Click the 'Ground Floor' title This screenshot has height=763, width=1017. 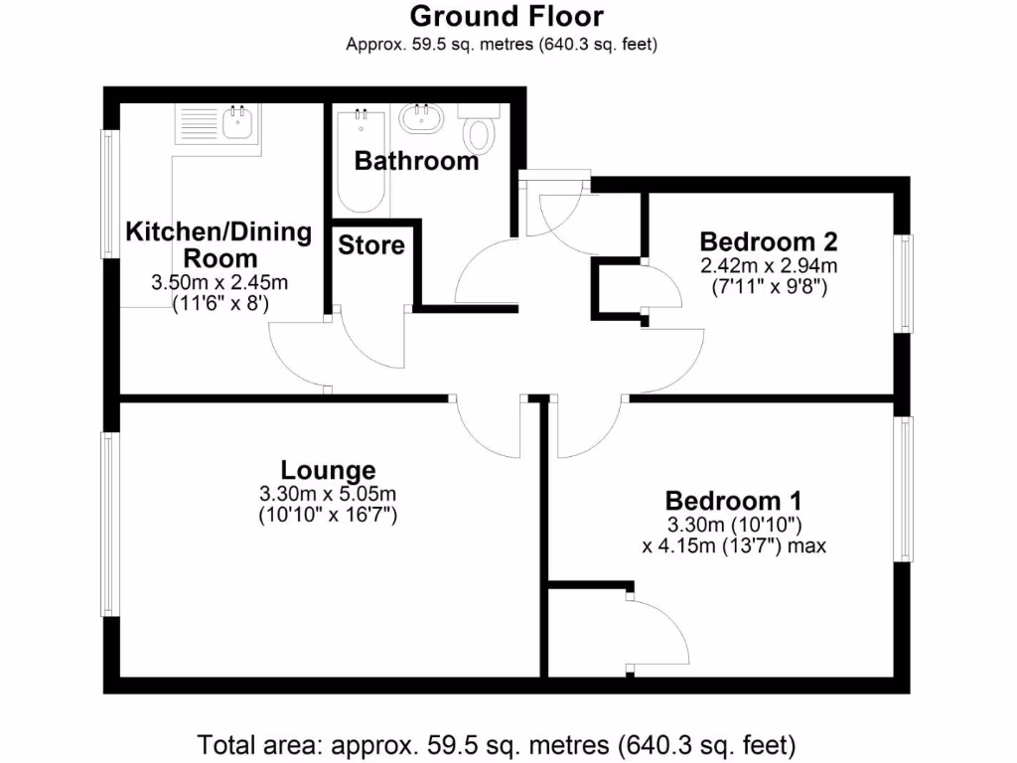point(506,17)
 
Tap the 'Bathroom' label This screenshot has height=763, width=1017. point(416,160)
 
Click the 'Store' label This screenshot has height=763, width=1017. point(371,244)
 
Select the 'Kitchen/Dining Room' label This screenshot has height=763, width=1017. point(218,245)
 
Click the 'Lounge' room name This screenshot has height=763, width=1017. point(328,470)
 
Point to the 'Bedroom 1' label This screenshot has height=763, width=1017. point(734,501)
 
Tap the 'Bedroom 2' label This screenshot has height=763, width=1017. point(769,241)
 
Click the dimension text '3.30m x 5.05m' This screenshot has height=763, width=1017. point(328,494)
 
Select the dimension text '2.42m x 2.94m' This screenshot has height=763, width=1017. point(769,265)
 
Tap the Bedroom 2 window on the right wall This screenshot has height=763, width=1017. point(905,283)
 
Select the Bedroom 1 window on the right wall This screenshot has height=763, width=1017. point(906,489)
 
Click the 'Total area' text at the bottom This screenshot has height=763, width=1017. point(497,743)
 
